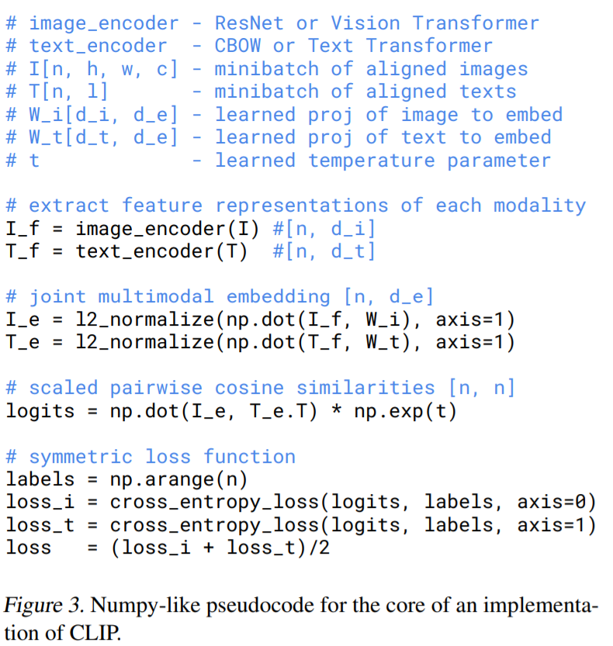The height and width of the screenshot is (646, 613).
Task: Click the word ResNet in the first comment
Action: (248, 23)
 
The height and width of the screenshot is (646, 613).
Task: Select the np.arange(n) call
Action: (174, 480)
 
